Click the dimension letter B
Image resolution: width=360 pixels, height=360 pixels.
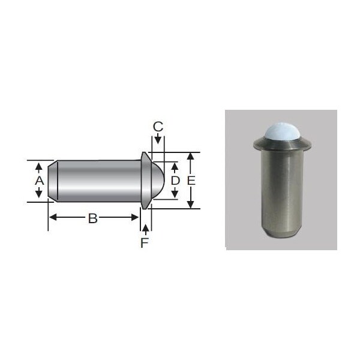(92, 218)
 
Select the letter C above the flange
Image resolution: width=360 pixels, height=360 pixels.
(157, 127)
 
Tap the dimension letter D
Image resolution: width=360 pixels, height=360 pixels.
(175, 180)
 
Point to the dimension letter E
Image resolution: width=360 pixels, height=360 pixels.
(191, 180)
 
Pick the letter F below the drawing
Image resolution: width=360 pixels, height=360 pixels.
(144, 243)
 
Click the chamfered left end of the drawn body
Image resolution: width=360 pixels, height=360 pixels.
(52, 180)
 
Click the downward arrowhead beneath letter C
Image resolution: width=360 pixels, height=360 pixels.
(157, 140)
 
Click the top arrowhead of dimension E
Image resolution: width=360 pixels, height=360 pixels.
(191, 156)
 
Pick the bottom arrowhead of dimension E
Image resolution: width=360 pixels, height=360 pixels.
(191, 204)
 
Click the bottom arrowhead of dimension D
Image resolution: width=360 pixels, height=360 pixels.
(175, 194)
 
